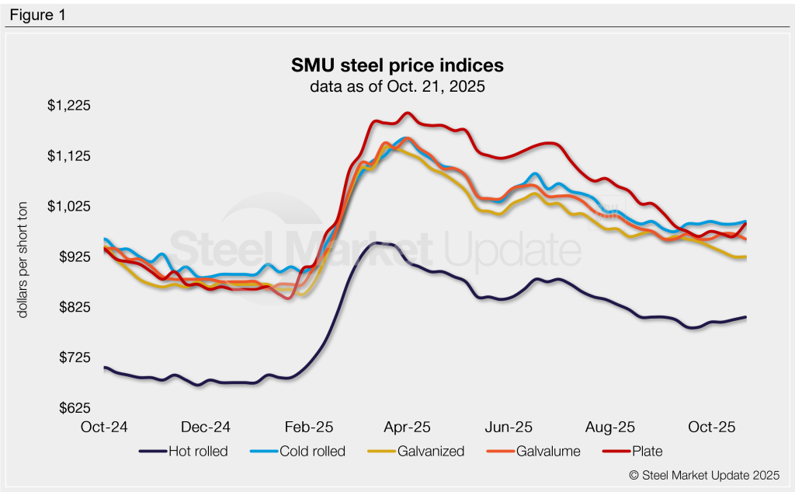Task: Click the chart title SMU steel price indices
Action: coord(397,65)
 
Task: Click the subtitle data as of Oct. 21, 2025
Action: coord(397,86)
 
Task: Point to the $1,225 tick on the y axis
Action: coord(71,106)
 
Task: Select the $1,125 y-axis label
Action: coord(71,156)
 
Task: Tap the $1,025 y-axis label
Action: coord(71,207)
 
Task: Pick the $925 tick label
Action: coord(75,257)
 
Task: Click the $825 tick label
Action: coord(75,308)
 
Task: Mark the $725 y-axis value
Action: coord(75,358)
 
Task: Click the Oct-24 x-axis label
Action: coord(104,427)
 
